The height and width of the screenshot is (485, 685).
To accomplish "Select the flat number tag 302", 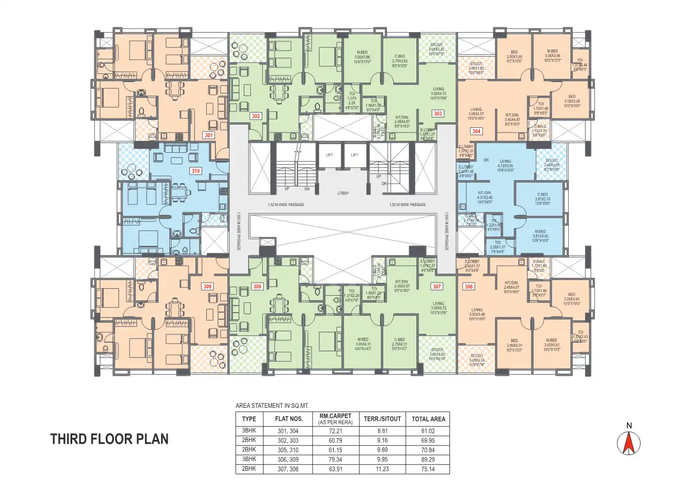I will tap(256, 116).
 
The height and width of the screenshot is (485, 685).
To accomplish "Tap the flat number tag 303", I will tap(437, 113).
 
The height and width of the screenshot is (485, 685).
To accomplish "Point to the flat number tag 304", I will tap(476, 131).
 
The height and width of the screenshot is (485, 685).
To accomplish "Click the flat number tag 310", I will tap(195, 171).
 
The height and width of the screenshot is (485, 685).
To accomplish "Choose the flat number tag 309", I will tap(208, 285).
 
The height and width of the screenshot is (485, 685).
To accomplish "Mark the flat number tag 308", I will tap(257, 286).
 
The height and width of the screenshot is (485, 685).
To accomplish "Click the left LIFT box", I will tap(329, 155).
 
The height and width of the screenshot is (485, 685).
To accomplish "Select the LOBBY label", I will tap(342, 193).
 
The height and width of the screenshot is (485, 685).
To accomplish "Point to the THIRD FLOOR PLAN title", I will tap(109, 439).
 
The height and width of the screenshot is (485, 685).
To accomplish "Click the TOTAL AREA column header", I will tap(428, 419).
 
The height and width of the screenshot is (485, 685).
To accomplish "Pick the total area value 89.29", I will tap(428, 459).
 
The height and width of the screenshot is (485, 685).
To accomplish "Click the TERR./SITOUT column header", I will tap(383, 419).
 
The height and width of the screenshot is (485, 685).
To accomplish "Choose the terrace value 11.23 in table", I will tap(383, 469).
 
